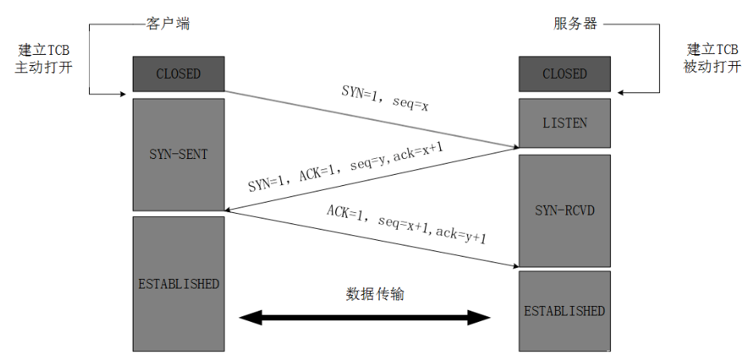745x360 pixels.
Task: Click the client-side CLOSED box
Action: (178, 74)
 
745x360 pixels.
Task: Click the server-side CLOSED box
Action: (564, 74)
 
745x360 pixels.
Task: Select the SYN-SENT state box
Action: (178, 154)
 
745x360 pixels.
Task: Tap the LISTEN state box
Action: (564, 122)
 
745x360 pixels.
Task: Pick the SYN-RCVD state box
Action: (564, 211)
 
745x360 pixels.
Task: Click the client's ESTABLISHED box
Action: (178, 284)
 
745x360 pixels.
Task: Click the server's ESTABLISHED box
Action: (564, 311)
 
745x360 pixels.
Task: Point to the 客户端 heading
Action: (168, 24)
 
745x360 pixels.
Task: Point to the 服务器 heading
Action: (575, 24)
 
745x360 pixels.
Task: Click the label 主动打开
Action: (44, 68)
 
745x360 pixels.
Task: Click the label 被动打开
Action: (711, 68)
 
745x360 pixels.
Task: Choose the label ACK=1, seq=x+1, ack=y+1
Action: (406, 224)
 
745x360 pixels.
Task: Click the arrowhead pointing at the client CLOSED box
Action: (126, 94)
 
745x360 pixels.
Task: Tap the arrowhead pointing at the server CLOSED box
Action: (622, 94)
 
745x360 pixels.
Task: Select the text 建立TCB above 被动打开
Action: (711, 50)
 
